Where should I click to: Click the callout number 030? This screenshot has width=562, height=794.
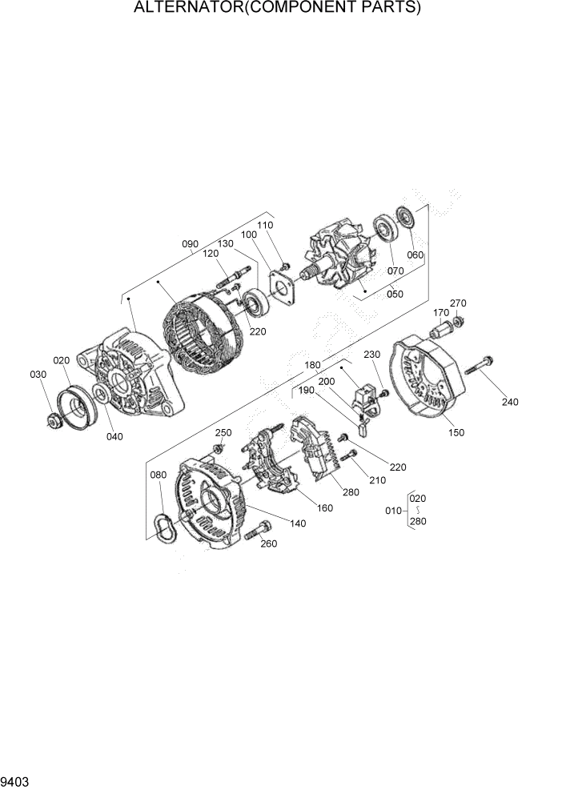pyautogui.click(x=38, y=375)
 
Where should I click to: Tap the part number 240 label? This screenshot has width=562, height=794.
pyautogui.click(x=509, y=402)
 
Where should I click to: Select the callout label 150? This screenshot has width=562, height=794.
pyautogui.click(x=456, y=433)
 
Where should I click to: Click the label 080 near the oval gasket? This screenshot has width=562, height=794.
pyautogui.click(x=158, y=475)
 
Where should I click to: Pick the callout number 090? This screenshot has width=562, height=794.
pyautogui.click(x=190, y=243)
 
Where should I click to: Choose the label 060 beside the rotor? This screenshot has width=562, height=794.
pyautogui.click(x=415, y=255)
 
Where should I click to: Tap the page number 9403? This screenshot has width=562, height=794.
pyautogui.click(x=16, y=780)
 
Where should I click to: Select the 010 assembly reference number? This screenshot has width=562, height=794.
pyautogui.click(x=392, y=510)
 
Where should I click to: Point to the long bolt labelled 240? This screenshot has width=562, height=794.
pyautogui.click(x=477, y=367)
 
